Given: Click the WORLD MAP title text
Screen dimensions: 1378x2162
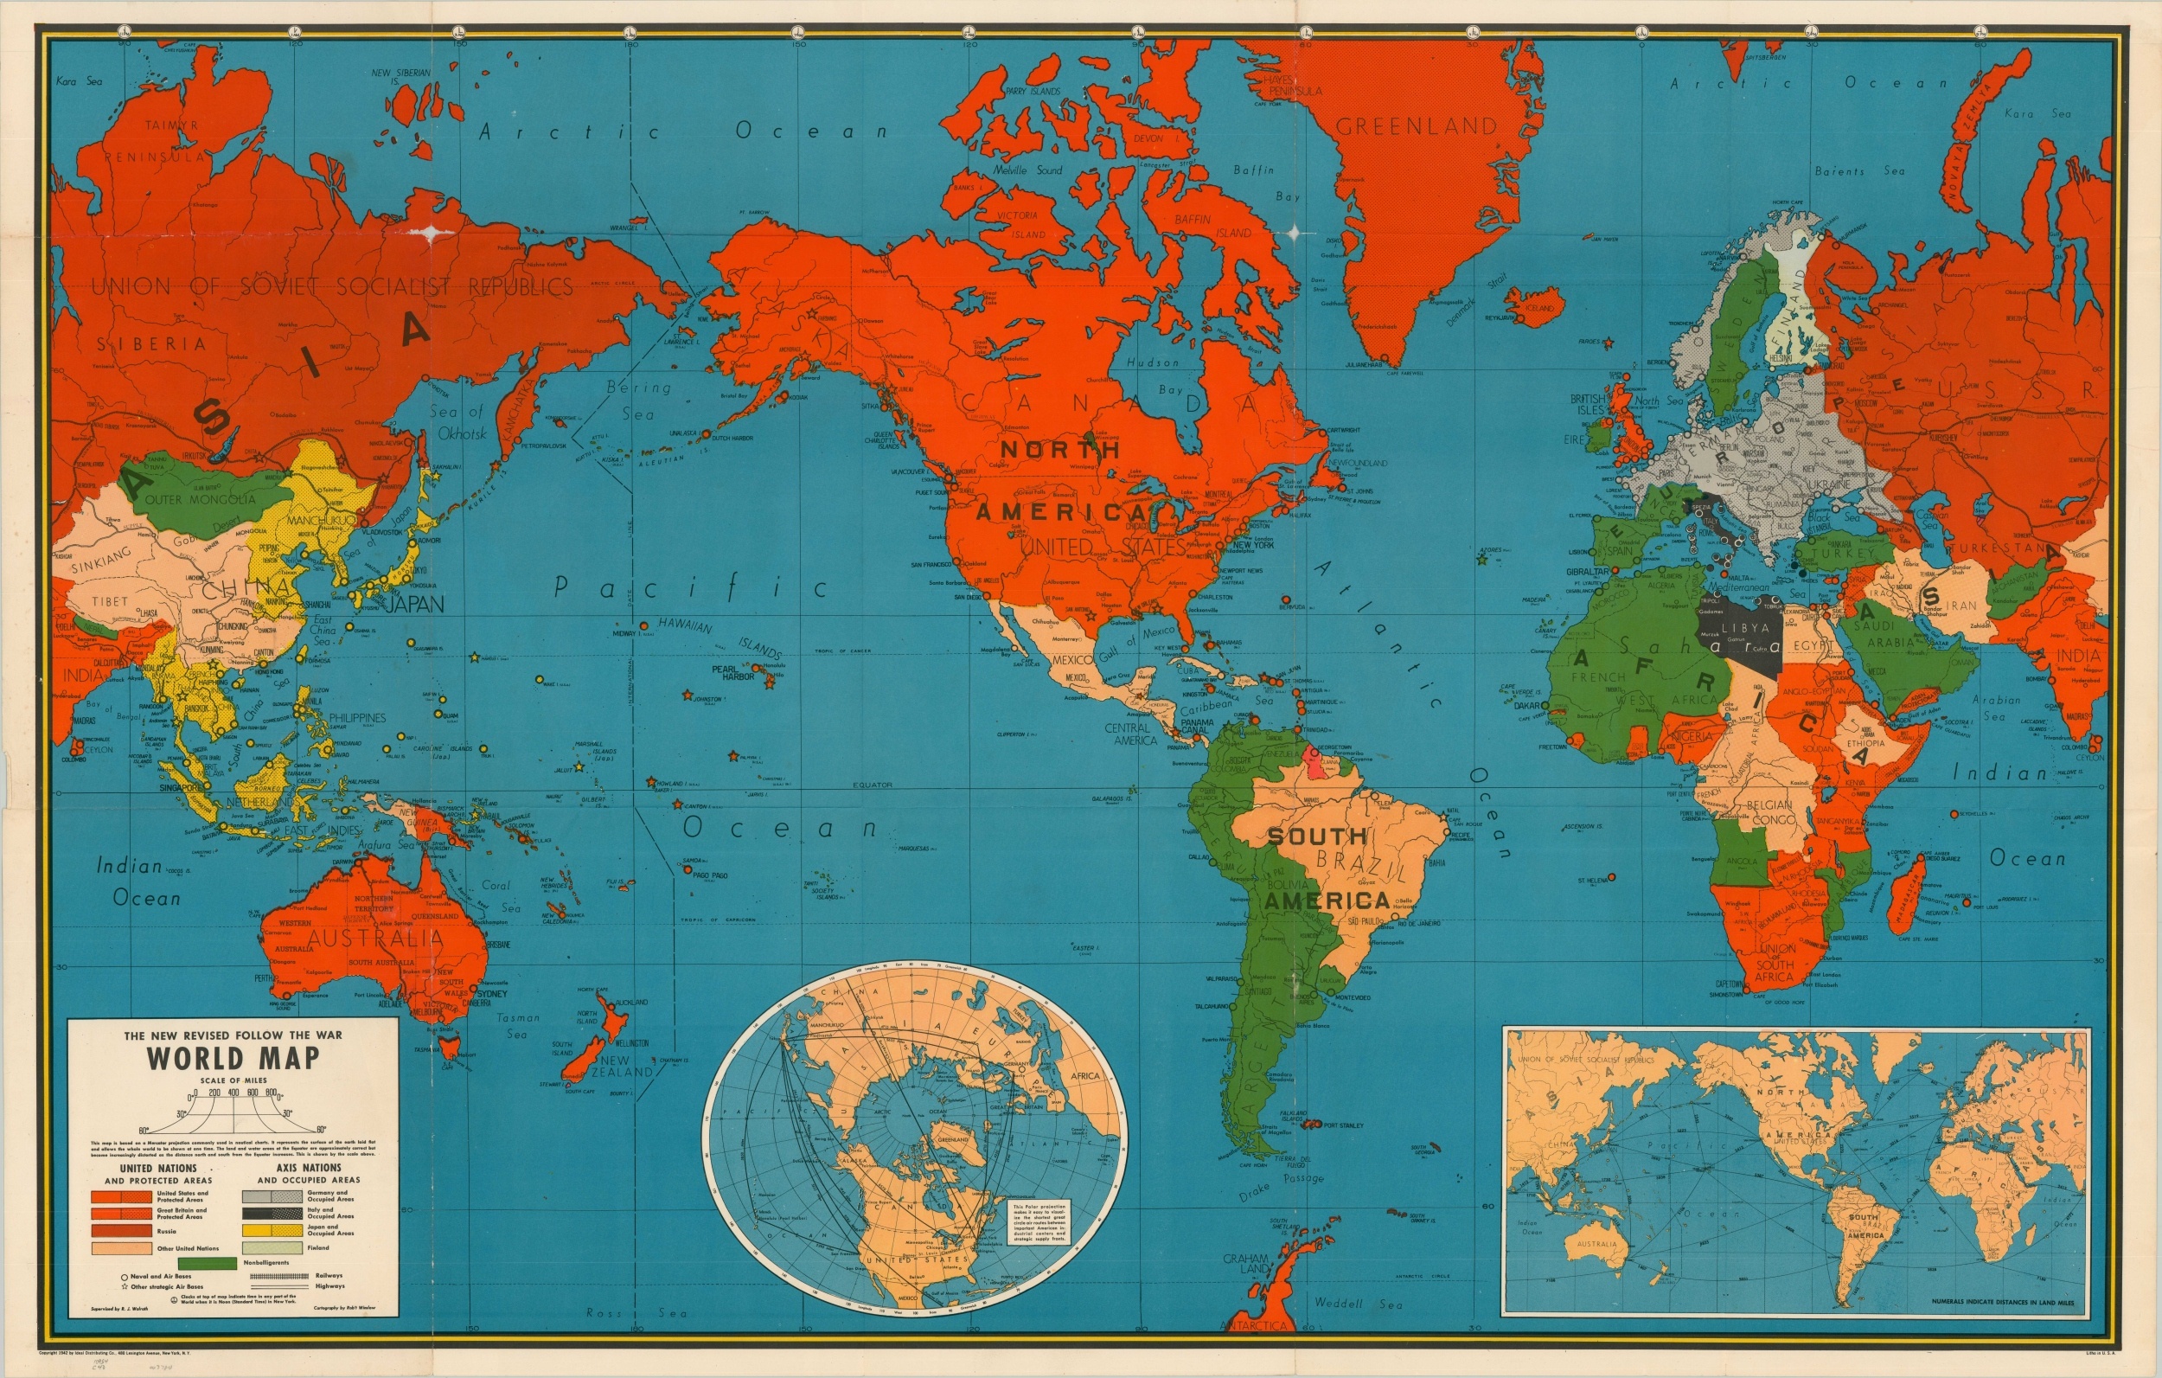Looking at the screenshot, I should (233, 1057).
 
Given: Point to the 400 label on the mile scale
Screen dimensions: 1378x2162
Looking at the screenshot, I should (233, 1093).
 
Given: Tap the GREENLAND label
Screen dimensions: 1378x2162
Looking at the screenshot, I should (1417, 126).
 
